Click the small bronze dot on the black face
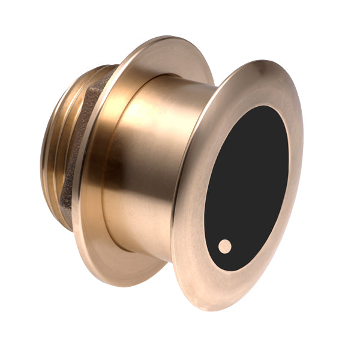tap(224, 245)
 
